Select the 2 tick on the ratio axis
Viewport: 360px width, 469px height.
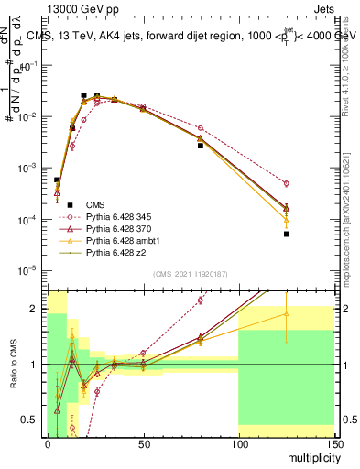37,309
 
